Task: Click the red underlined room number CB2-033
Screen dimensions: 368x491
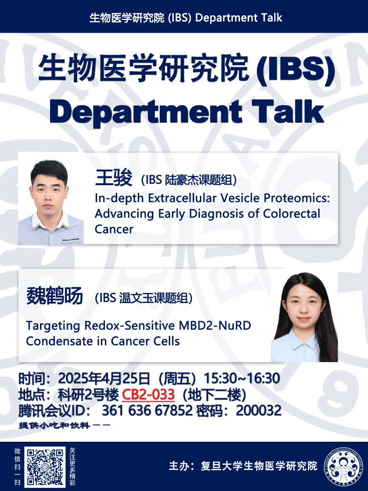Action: click(x=148, y=395)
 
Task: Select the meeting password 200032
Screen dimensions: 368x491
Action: click(x=259, y=410)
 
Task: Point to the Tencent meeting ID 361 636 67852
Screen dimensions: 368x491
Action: click(x=147, y=410)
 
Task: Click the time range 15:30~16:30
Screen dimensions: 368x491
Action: click(x=242, y=378)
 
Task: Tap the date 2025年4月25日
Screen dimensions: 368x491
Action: click(x=104, y=378)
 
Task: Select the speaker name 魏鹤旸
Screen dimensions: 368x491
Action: click(x=55, y=296)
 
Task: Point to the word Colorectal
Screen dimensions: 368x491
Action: click(x=291, y=214)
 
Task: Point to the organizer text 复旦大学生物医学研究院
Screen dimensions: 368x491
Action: click(x=259, y=466)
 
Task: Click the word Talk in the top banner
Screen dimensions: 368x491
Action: click(x=270, y=18)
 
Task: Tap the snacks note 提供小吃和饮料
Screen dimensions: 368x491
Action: click(x=54, y=425)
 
